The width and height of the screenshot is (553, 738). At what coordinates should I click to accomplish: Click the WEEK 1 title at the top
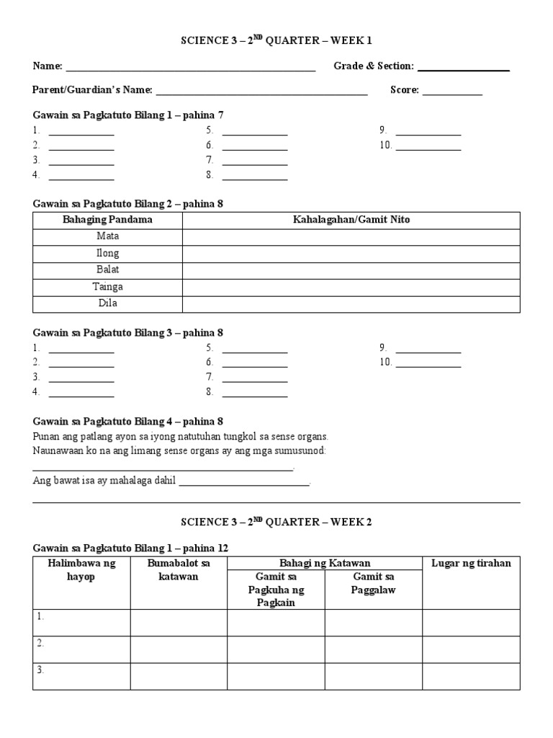click(276, 41)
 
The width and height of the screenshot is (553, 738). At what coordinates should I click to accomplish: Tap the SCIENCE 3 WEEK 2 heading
click(276, 522)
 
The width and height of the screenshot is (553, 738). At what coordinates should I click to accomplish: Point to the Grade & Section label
click(373, 66)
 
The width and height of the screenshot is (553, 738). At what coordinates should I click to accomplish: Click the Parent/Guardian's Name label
click(92, 90)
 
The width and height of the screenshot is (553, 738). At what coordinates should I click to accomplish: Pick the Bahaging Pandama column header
click(107, 220)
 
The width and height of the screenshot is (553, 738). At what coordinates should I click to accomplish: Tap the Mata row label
click(107, 236)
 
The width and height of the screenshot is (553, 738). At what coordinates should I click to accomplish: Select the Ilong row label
click(107, 253)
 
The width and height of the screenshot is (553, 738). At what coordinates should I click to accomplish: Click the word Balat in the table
click(107, 270)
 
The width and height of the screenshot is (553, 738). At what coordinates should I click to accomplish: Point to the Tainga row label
click(107, 287)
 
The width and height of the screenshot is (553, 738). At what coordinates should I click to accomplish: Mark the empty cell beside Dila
click(351, 303)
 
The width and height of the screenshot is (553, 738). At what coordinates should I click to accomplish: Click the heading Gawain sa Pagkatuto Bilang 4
click(128, 422)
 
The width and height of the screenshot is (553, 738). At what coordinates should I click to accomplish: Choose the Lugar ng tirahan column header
click(471, 563)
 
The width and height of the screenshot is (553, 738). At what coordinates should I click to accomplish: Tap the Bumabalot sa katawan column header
click(179, 569)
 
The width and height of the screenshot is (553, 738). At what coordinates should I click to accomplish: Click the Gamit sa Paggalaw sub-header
click(373, 583)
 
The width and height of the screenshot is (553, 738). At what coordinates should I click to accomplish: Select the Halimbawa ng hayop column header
click(81, 569)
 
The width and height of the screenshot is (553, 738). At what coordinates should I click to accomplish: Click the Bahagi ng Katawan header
click(325, 563)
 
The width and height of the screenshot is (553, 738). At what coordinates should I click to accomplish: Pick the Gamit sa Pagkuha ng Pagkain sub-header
click(276, 590)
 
